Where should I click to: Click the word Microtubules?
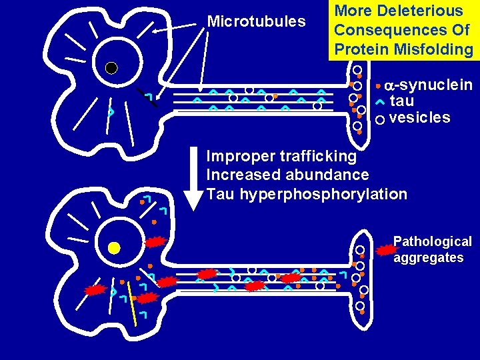[256, 21]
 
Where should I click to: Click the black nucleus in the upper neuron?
[112, 67]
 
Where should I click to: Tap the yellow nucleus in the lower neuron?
[114, 248]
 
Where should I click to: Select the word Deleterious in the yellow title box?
[419, 11]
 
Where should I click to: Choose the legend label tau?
[401, 101]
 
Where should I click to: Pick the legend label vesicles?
[419, 118]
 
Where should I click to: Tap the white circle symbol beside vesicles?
[380, 120]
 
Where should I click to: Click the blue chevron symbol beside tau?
[379, 102]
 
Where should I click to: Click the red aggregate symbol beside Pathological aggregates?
[385, 251]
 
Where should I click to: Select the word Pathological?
[432, 241]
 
